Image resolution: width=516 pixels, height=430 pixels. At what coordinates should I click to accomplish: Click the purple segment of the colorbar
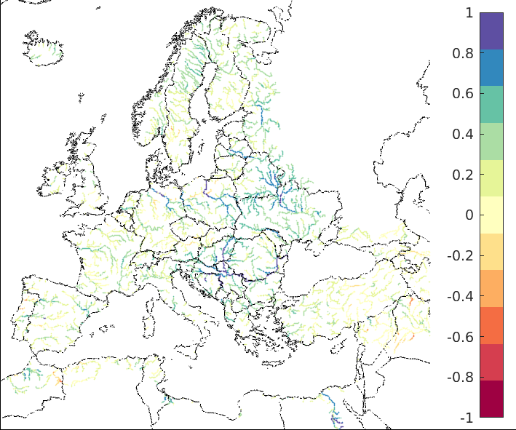491,31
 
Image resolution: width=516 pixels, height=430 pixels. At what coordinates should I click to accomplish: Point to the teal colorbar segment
491,105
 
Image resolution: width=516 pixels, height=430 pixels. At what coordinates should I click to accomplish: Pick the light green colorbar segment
491,142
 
